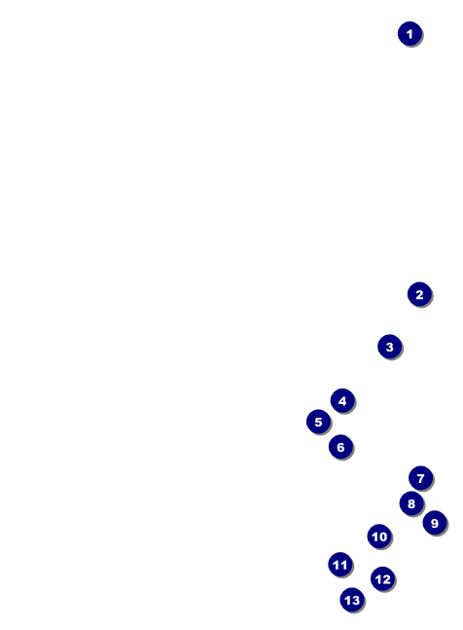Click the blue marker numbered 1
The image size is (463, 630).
click(410, 34)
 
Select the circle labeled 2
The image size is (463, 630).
click(419, 294)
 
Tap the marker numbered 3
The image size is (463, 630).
click(390, 347)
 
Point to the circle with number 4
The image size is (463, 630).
click(342, 400)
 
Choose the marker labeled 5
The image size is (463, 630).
click(319, 422)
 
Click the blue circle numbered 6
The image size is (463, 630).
click(340, 446)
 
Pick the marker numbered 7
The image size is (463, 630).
click(420, 478)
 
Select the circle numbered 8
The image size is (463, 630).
click(411, 503)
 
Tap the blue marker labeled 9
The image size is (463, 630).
click(435, 523)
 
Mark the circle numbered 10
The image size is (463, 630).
click(379, 536)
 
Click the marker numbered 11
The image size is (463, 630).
click(340, 565)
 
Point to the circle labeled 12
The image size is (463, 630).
click(383, 579)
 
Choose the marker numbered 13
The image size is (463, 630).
click(352, 600)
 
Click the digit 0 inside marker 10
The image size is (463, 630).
click(383, 537)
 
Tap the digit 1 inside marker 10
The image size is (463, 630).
click(374, 537)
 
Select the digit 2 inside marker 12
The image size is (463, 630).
click(386, 579)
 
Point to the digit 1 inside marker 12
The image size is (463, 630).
click(378, 579)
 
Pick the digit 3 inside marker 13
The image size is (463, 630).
click(355, 600)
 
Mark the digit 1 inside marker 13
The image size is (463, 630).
click(347, 600)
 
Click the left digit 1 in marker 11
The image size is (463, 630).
click(337, 565)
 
